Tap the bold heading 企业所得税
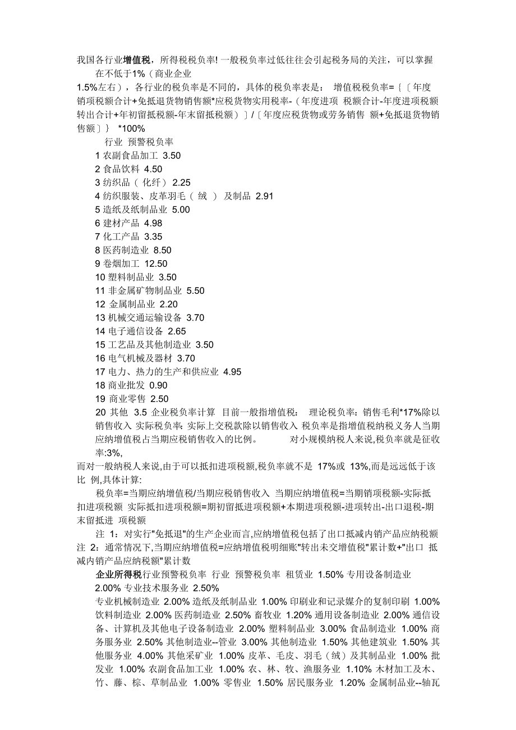[x=118, y=575]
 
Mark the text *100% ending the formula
[x=131, y=128]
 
